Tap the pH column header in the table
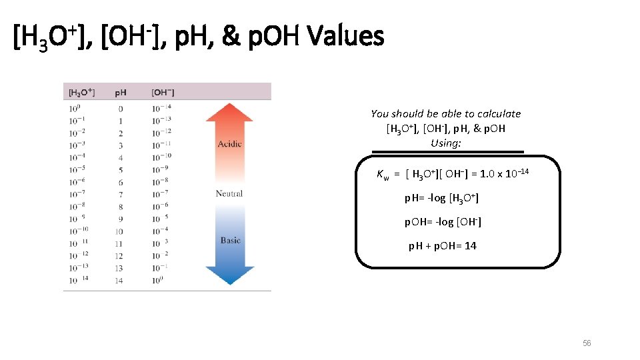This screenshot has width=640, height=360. coord(121,93)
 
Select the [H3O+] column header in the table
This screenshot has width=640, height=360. coord(82,93)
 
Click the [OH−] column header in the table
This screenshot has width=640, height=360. coord(163,93)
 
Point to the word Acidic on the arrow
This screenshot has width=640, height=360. coord(229,144)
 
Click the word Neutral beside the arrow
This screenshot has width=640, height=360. coord(229,193)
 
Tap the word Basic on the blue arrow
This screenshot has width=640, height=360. coord(230,240)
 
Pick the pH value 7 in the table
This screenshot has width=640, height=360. coord(121,194)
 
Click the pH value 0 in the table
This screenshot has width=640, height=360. coord(121,109)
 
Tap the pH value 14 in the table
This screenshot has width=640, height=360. coord(119,281)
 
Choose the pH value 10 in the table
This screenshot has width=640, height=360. coord(119,231)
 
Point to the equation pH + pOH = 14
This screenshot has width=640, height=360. coord(442,246)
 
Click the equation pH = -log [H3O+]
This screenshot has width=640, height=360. coord(442,198)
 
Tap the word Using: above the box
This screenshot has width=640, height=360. coord(446,143)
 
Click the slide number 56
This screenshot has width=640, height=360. coord(587,343)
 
